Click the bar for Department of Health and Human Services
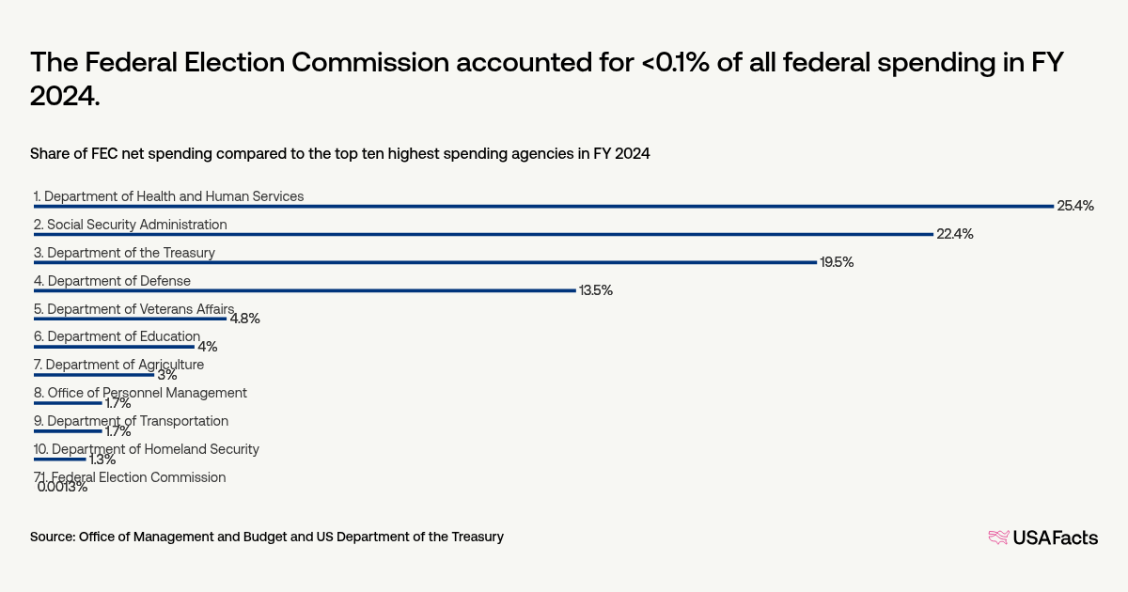coord(543,206)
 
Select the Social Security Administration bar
coord(483,234)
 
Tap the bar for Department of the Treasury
coord(425,262)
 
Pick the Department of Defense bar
coord(305,290)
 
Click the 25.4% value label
coord(1075,206)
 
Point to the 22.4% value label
coord(954,234)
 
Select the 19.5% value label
coord(837,262)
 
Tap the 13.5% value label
coord(595,290)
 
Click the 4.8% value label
coord(244,319)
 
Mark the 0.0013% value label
coord(62,487)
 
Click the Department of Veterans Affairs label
coord(133,308)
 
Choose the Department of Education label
coord(117,336)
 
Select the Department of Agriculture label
coord(118,365)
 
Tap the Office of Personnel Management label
coord(140,393)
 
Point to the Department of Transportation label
coord(131,421)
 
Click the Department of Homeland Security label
coord(146,449)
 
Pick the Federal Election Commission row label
coord(130,477)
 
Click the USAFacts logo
coord(1042,537)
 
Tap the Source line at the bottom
coord(267,537)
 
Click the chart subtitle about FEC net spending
coord(339,153)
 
